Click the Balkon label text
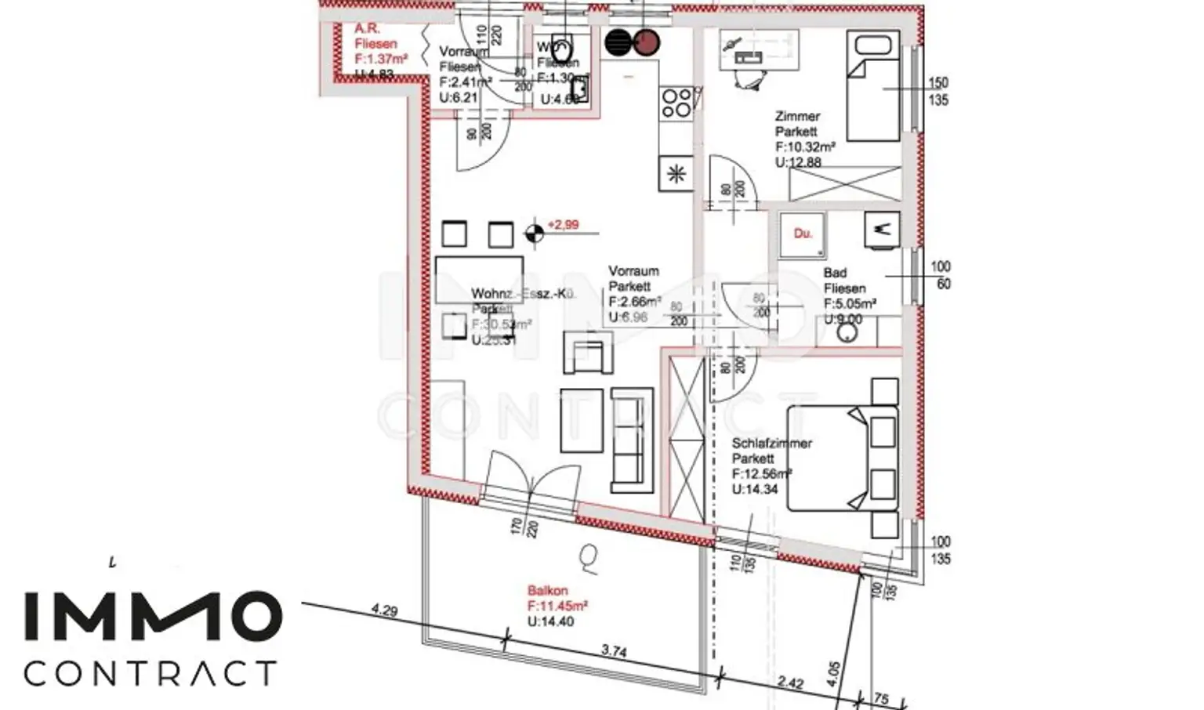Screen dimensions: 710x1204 tap(547, 590)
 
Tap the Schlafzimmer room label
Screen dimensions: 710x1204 tap(771, 443)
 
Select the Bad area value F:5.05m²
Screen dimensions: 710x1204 tap(850, 304)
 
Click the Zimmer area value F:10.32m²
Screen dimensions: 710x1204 tap(805, 147)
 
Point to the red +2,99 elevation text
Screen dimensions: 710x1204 tap(563, 225)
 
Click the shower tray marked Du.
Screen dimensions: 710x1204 tap(802, 234)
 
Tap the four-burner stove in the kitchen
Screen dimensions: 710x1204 tap(676, 102)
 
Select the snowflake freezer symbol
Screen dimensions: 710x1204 tap(676, 174)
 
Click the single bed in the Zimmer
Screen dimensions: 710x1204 tap(872, 88)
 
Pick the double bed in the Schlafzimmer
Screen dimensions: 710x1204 tap(843, 458)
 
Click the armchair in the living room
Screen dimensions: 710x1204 tap(588, 353)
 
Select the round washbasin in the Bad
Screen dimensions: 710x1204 tap(847, 332)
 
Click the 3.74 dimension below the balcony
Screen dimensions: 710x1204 tap(613, 651)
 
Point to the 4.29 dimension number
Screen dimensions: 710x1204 tap(384, 610)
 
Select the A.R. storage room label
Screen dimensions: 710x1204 tap(367, 29)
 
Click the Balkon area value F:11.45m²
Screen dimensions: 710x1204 tap(557, 606)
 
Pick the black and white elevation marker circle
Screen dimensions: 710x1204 tap(534, 233)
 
